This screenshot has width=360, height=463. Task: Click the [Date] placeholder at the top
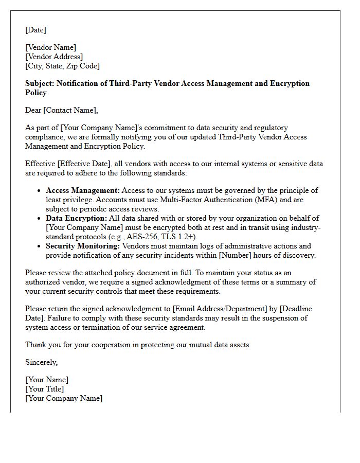[x=35, y=30]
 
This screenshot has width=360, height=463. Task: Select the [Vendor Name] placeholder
[x=50, y=47]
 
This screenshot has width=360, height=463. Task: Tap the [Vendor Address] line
[x=54, y=57]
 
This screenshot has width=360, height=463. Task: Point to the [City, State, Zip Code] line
[x=62, y=66]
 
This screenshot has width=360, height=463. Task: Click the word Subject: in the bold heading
[x=40, y=83]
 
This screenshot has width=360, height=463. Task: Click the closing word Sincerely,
[x=41, y=362]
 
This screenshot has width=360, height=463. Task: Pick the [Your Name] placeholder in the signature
[x=47, y=380]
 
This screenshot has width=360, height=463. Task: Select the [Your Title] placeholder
[x=45, y=389]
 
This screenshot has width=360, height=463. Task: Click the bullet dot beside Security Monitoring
[x=40, y=246]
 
